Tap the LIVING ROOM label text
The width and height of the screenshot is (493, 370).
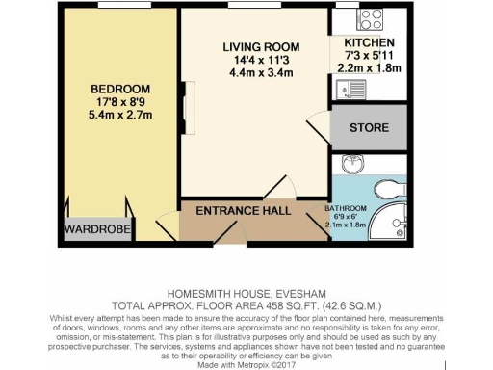(260, 47)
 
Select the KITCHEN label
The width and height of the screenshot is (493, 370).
(362, 43)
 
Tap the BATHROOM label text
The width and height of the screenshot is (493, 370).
(345, 209)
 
